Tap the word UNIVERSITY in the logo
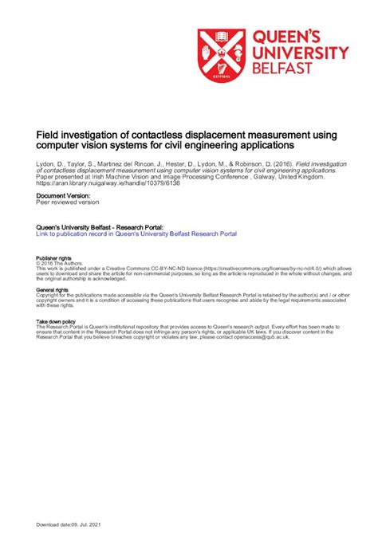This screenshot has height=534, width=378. point(300,53)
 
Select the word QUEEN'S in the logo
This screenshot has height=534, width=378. point(286,37)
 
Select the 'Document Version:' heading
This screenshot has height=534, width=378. point(64,195)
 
